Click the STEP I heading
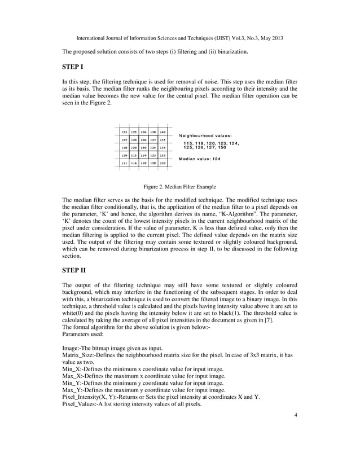tap(73, 68)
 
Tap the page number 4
tap(295, 416)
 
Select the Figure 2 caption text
tap(180, 187)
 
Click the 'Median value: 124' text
tap(200, 159)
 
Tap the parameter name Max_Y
tap(73, 390)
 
